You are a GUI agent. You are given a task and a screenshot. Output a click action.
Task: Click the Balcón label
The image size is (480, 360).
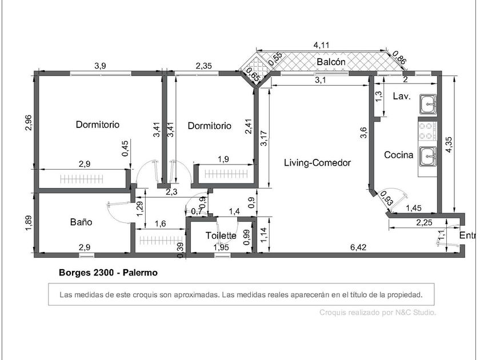click(331, 62)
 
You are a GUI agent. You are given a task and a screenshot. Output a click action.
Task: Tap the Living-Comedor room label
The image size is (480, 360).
click(317, 162)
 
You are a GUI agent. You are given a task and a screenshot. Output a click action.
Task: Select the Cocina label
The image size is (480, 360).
click(399, 155)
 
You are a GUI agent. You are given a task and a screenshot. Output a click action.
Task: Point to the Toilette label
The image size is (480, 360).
click(221, 235)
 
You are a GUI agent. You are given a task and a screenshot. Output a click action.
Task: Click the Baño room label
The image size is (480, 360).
click(81, 222)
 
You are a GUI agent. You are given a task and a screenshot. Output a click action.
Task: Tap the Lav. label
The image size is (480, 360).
click(402, 97)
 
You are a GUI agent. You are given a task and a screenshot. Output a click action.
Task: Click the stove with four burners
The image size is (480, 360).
click(427, 131)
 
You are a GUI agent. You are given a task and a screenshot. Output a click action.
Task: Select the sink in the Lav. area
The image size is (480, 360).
click(428, 104)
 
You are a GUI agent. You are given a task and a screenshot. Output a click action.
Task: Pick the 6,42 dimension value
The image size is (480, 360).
click(358, 247)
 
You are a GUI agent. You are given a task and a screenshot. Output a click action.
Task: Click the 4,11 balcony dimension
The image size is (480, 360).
click(321, 45)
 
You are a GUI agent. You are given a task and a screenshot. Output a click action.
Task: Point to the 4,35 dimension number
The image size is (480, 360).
click(449, 145)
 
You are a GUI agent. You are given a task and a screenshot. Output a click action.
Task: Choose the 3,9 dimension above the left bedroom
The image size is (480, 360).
click(100, 66)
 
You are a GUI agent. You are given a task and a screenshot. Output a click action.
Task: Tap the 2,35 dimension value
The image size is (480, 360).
click(203, 66)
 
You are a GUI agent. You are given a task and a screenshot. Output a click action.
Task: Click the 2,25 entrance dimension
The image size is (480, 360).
click(424, 222)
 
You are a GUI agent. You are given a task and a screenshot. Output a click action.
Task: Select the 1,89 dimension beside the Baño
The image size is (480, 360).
click(29, 224)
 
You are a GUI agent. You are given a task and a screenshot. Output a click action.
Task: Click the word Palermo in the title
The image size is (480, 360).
click(140, 273)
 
